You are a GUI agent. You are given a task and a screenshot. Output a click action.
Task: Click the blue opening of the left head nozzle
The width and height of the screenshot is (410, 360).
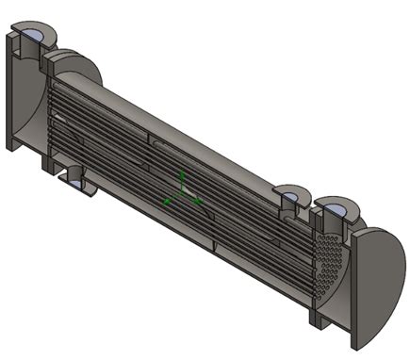[x=33, y=35]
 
